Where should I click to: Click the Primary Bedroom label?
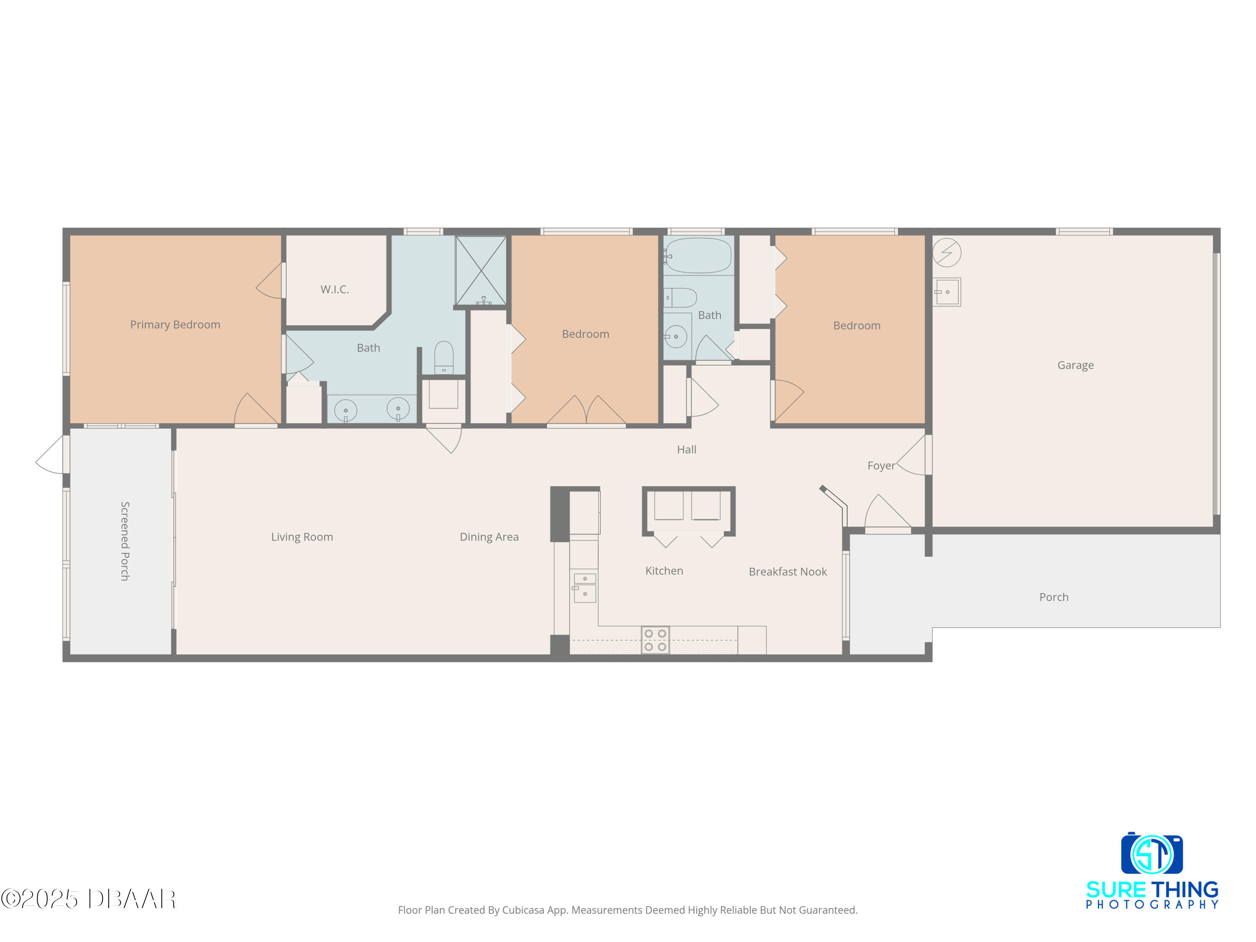click(175, 325)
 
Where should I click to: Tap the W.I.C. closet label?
click(335, 290)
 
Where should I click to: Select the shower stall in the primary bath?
click(481, 271)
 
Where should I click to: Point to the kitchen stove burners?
click(655, 640)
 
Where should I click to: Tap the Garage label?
click(1076, 365)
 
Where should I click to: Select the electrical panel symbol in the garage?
click(947, 252)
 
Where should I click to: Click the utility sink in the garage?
click(947, 292)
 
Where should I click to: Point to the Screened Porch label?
click(125, 540)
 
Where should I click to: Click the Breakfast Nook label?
click(788, 572)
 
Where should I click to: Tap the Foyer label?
click(881, 466)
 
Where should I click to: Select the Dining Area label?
click(489, 537)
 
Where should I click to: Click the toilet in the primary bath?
click(443, 357)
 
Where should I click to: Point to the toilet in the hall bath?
click(680, 298)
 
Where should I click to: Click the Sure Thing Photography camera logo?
click(1151, 853)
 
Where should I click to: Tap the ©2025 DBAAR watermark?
click(88, 899)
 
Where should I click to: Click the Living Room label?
click(302, 537)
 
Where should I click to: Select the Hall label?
click(687, 450)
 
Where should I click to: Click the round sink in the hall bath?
click(676, 337)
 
